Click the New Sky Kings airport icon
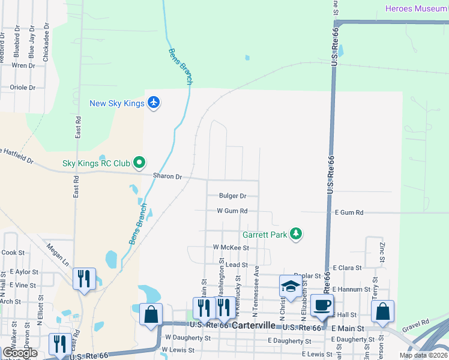click(154, 103)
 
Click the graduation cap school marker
click(291, 287)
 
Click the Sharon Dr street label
click(167, 176)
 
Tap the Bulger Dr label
click(233, 196)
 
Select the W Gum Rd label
click(232, 211)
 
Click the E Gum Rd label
click(349, 212)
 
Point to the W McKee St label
click(231, 247)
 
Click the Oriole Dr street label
click(23, 87)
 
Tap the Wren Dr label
click(23, 65)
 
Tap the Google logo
click(20, 353)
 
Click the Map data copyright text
click(423, 355)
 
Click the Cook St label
click(13, 253)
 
